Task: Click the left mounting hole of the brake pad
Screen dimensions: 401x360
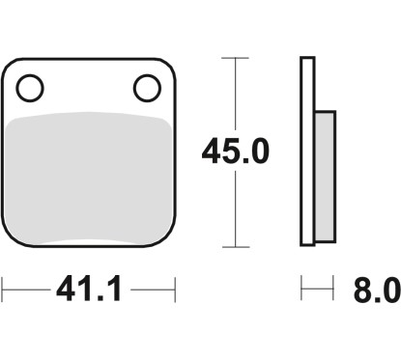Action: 30,88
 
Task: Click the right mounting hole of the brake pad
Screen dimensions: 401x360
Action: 147,88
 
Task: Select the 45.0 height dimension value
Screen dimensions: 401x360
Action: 235,151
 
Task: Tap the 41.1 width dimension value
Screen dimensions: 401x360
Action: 89,289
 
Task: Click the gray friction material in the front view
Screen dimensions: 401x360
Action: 88,177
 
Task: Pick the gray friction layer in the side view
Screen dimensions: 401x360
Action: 325,177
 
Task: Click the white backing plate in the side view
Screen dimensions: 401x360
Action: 307,152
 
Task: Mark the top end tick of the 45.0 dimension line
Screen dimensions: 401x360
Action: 235,58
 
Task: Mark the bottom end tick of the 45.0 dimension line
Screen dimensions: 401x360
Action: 236,247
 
